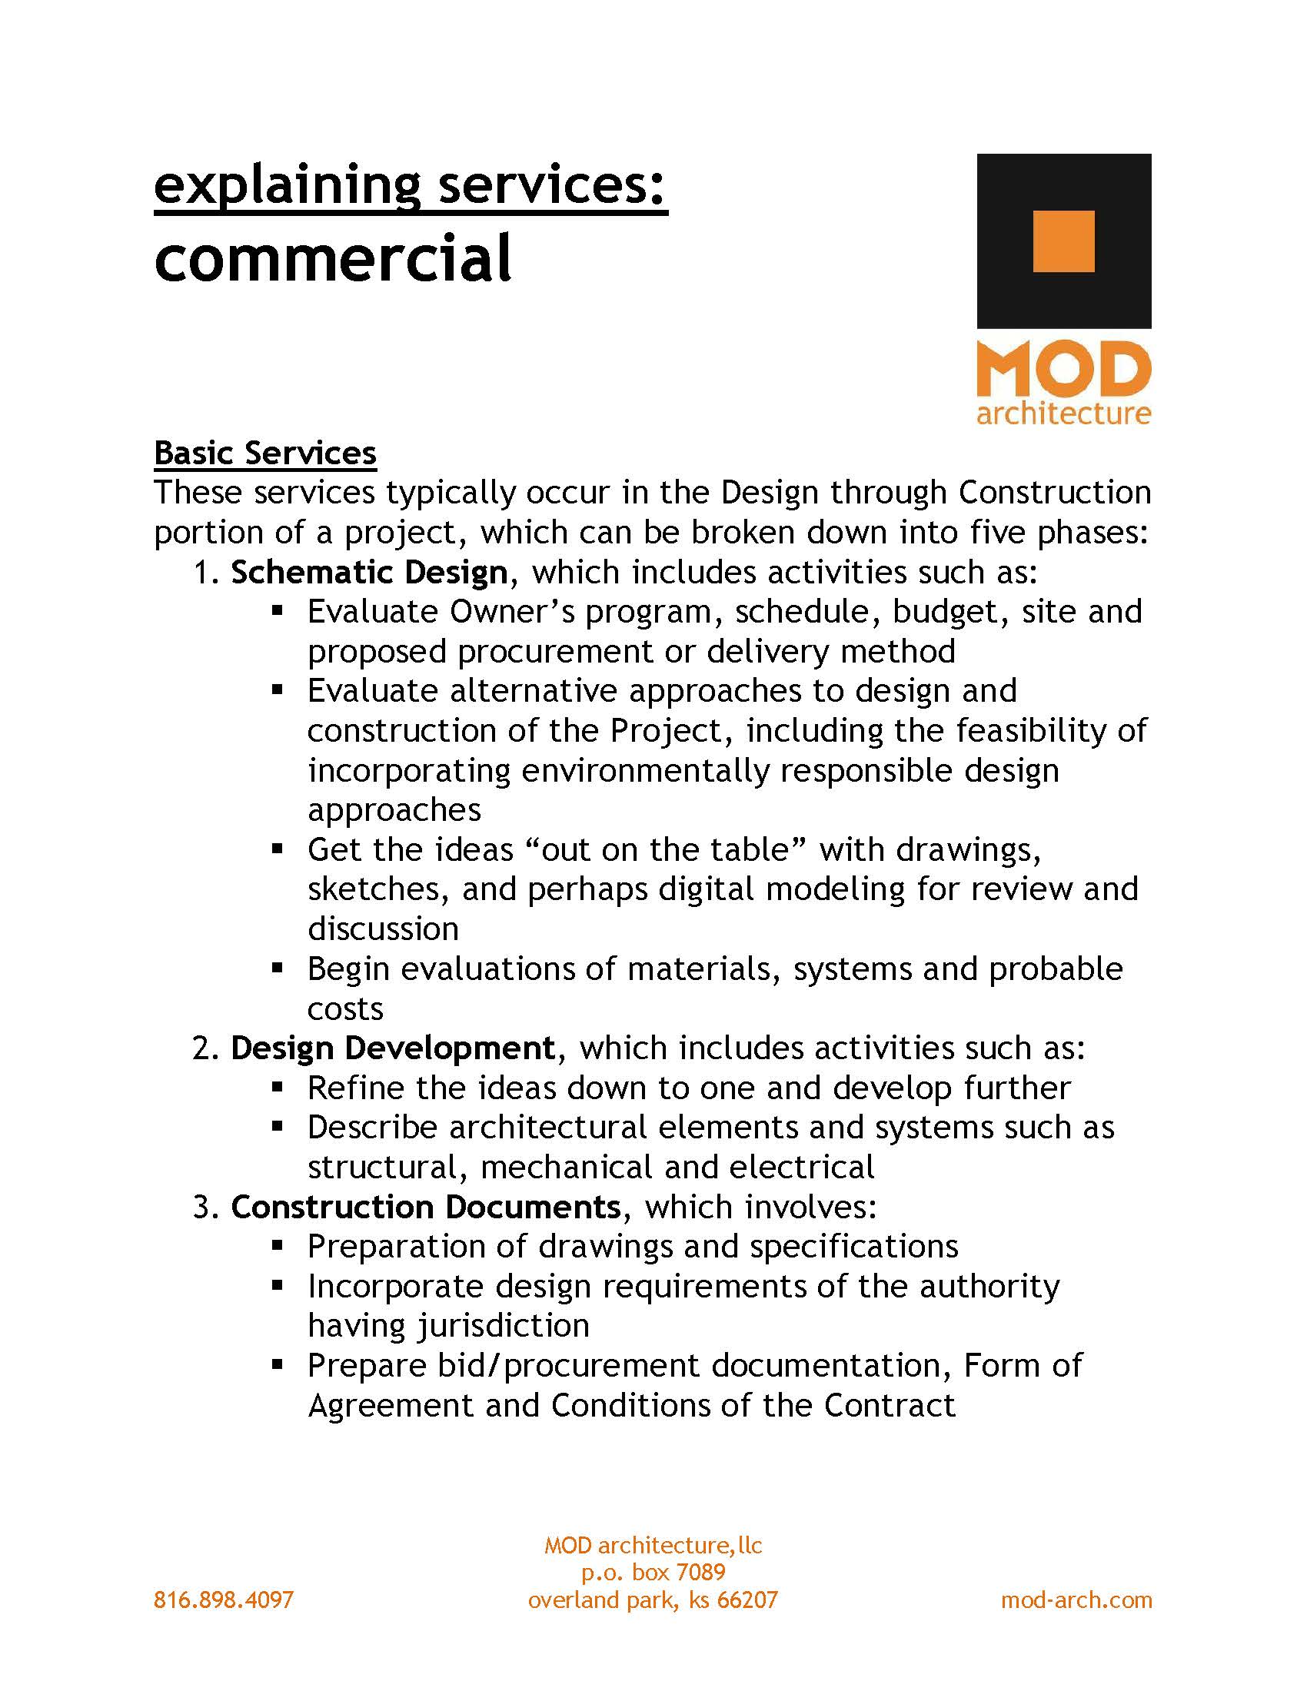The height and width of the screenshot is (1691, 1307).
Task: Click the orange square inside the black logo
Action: pos(1063,241)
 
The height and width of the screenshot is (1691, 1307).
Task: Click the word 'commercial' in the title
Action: pos(333,257)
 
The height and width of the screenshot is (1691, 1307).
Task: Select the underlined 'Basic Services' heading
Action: pos(264,453)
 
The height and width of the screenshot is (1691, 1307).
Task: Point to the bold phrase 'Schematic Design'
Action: pos(368,572)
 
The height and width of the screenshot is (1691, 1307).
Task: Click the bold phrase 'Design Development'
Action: pos(393,1048)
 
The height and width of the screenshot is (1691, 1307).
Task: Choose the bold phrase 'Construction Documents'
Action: pos(425,1206)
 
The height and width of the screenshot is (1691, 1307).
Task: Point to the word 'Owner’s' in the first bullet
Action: pos(512,612)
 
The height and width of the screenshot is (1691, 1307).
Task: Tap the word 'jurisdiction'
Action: pos(504,1326)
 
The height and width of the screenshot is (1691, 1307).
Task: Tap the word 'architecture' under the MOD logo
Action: pos(1063,413)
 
